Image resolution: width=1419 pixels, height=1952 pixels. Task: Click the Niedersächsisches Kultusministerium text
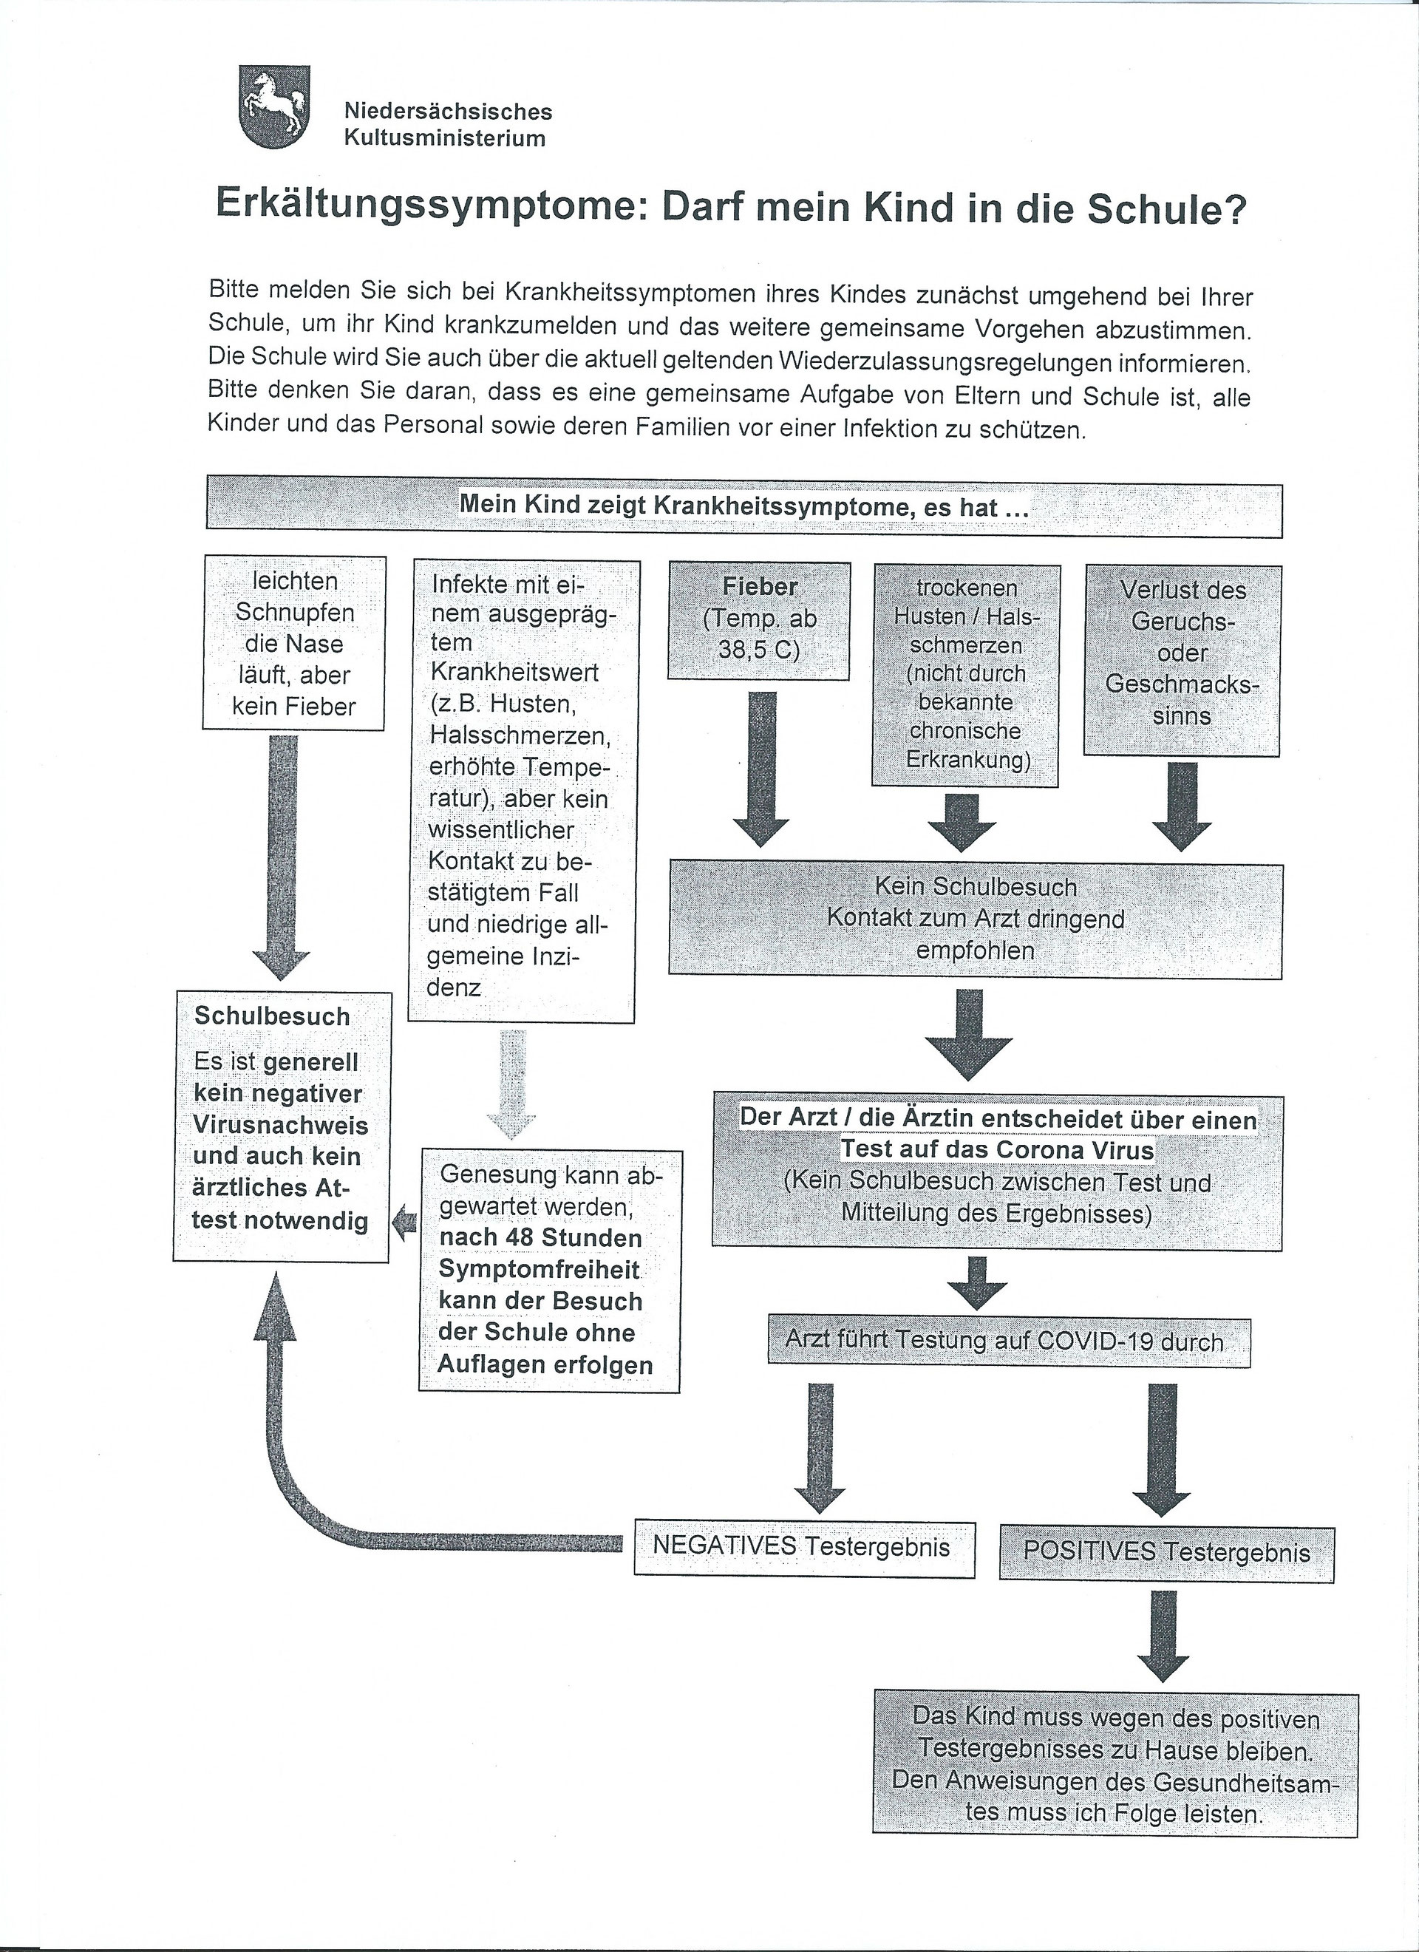[447, 125]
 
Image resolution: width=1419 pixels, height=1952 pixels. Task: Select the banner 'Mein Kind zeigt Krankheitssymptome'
[743, 506]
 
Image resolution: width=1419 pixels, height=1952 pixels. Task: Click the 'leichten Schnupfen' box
[294, 643]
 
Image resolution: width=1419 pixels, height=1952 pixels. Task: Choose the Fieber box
[760, 619]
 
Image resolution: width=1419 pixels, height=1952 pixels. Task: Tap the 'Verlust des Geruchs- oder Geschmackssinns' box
[1182, 660]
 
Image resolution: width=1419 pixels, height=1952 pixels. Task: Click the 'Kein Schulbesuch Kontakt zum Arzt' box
[975, 919]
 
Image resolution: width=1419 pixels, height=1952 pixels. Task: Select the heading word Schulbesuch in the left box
[272, 1016]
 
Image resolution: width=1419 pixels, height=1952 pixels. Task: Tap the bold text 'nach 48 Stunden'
[540, 1237]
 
